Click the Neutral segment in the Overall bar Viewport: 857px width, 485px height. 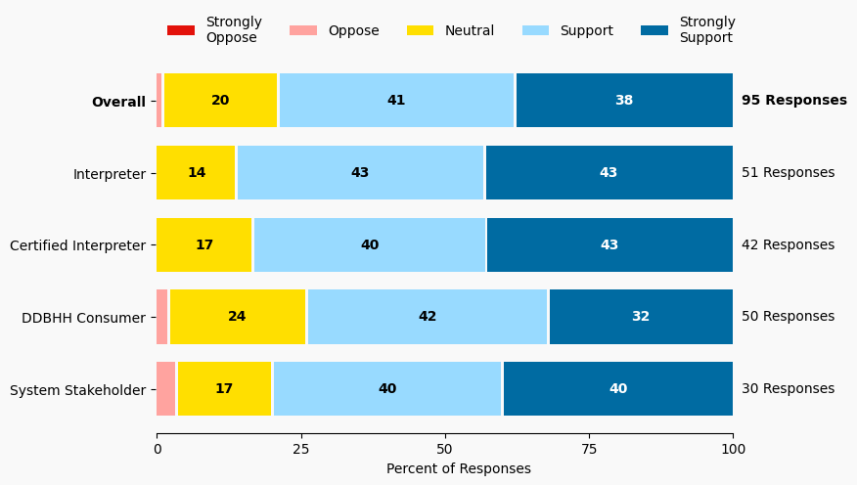(221, 101)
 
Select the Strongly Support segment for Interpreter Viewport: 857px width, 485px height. (609, 173)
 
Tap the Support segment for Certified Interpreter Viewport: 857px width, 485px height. (370, 245)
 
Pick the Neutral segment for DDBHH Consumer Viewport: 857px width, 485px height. (238, 317)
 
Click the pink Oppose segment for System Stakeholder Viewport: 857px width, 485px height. (166, 389)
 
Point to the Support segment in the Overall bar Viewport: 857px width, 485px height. (396, 101)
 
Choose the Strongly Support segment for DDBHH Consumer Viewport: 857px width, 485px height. (640, 317)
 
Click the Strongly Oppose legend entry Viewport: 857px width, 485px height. (214, 30)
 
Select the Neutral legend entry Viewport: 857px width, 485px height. (450, 30)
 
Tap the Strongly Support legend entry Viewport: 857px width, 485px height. (688, 30)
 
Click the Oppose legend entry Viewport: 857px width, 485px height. (334, 30)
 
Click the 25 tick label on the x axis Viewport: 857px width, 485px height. (300, 449)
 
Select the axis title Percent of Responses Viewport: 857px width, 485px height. (458, 468)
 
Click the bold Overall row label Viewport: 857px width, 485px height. (118, 102)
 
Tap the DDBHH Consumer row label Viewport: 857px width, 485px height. (83, 318)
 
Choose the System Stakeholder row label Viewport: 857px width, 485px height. (77, 390)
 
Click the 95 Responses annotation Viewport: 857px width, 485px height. (793, 101)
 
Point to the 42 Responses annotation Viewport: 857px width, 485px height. (788, 245)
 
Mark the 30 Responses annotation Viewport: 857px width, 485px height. (788, 389)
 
